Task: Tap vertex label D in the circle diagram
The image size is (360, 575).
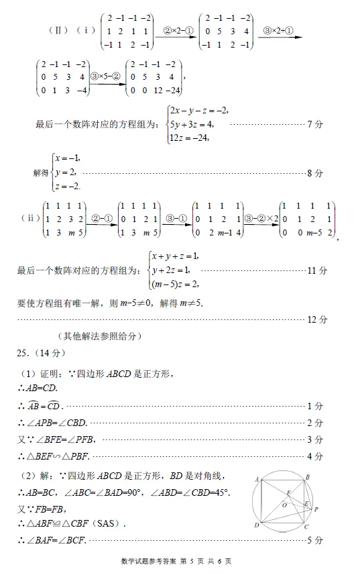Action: tap(257, 525)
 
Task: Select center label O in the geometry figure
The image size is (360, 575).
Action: tap(284, 504)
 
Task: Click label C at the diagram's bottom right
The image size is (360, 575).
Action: tap(306, 527)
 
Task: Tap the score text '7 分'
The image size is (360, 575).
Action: tap(315, 124)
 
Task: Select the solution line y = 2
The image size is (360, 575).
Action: tap(65, 172)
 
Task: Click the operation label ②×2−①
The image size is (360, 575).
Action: tap(176, 30)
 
